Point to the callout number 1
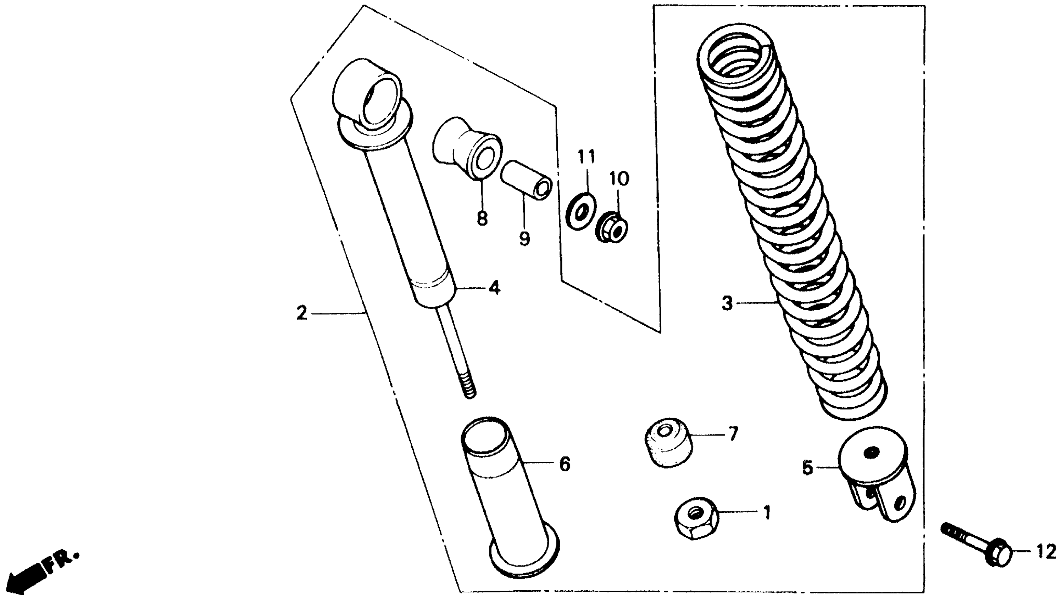pyautogui.click(x=767, y=513)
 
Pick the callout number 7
pyautogui.click(x=733, y=434)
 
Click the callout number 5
pyautogui.click(x=807, y=468)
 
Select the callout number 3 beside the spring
pyautogui.click(x=727, y=303)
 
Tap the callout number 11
pyautogui.click(x=586, y=158)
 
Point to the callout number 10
pyautogui.click(x=619, y=180)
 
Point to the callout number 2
pyautogui.click(x=302, y=313)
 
